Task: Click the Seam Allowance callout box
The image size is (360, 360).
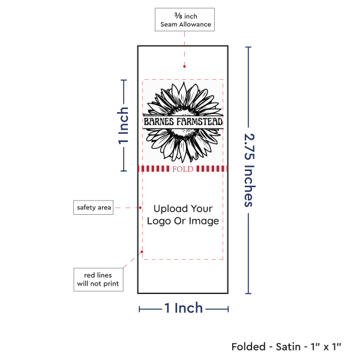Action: pos(184,19)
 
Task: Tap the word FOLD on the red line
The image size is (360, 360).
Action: pos(182,169)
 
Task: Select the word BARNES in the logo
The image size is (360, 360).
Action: pos(159,122)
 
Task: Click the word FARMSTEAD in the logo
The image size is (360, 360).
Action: pos(200,122)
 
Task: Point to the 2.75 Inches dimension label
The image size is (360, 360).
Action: pos(250,170)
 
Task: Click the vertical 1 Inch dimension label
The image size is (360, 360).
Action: pos(124,126)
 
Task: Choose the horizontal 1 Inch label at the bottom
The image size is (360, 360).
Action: pos(184,308)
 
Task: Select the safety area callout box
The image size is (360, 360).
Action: pos(94,208)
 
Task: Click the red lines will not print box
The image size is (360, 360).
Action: pos(98,279)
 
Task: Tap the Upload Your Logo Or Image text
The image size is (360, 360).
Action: pos(183,215)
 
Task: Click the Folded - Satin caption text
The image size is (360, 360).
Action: pos(286,346)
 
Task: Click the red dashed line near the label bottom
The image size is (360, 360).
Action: pos(183,259)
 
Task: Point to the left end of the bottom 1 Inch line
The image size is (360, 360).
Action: pos(140,309)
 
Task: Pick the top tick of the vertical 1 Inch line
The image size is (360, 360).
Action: pos(124,80)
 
